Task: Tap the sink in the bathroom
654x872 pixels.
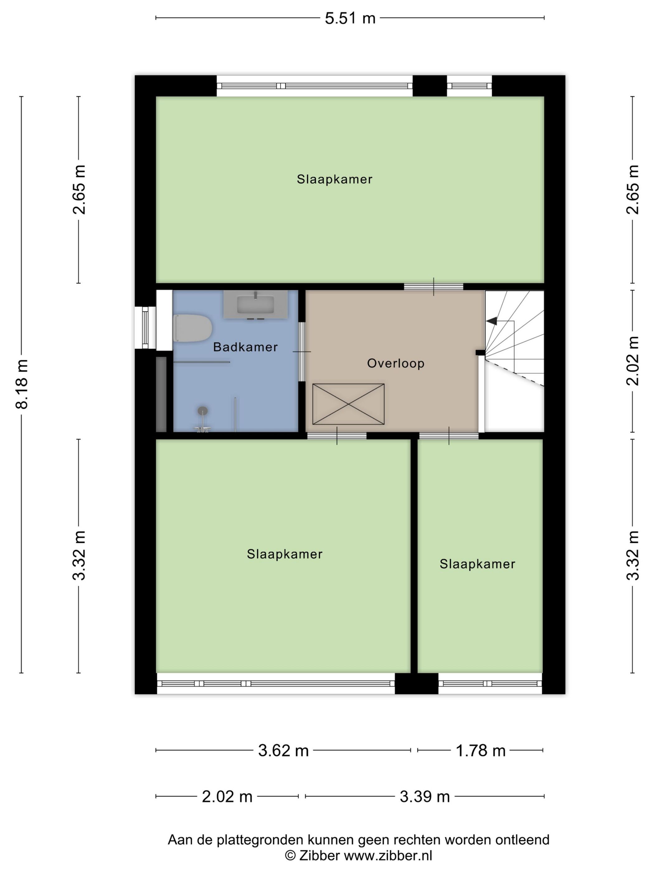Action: tap(255, 305)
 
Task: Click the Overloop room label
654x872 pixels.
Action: tap(396, 363)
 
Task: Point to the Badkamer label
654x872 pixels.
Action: tap(245, 347)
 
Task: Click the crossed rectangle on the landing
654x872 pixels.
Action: tap(348, 404)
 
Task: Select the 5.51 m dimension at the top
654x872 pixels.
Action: tap(350, 18)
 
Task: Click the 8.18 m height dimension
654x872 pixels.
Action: tap(22, 384)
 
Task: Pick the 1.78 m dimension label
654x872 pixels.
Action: tap(480, 751)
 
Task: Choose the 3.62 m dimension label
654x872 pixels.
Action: tap(283, 751)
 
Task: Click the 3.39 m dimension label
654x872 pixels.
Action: tap(424, 797)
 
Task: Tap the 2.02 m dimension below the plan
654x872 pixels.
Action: tap(227, 797)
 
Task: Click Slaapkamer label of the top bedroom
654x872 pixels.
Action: tap(334, 179)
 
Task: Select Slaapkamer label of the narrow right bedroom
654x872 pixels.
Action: tap(477, 564)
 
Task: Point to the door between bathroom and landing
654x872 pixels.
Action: tap(301, 352)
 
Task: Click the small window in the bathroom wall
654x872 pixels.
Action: tap(145, 328)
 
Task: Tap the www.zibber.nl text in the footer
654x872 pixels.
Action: tap(388, 855)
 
